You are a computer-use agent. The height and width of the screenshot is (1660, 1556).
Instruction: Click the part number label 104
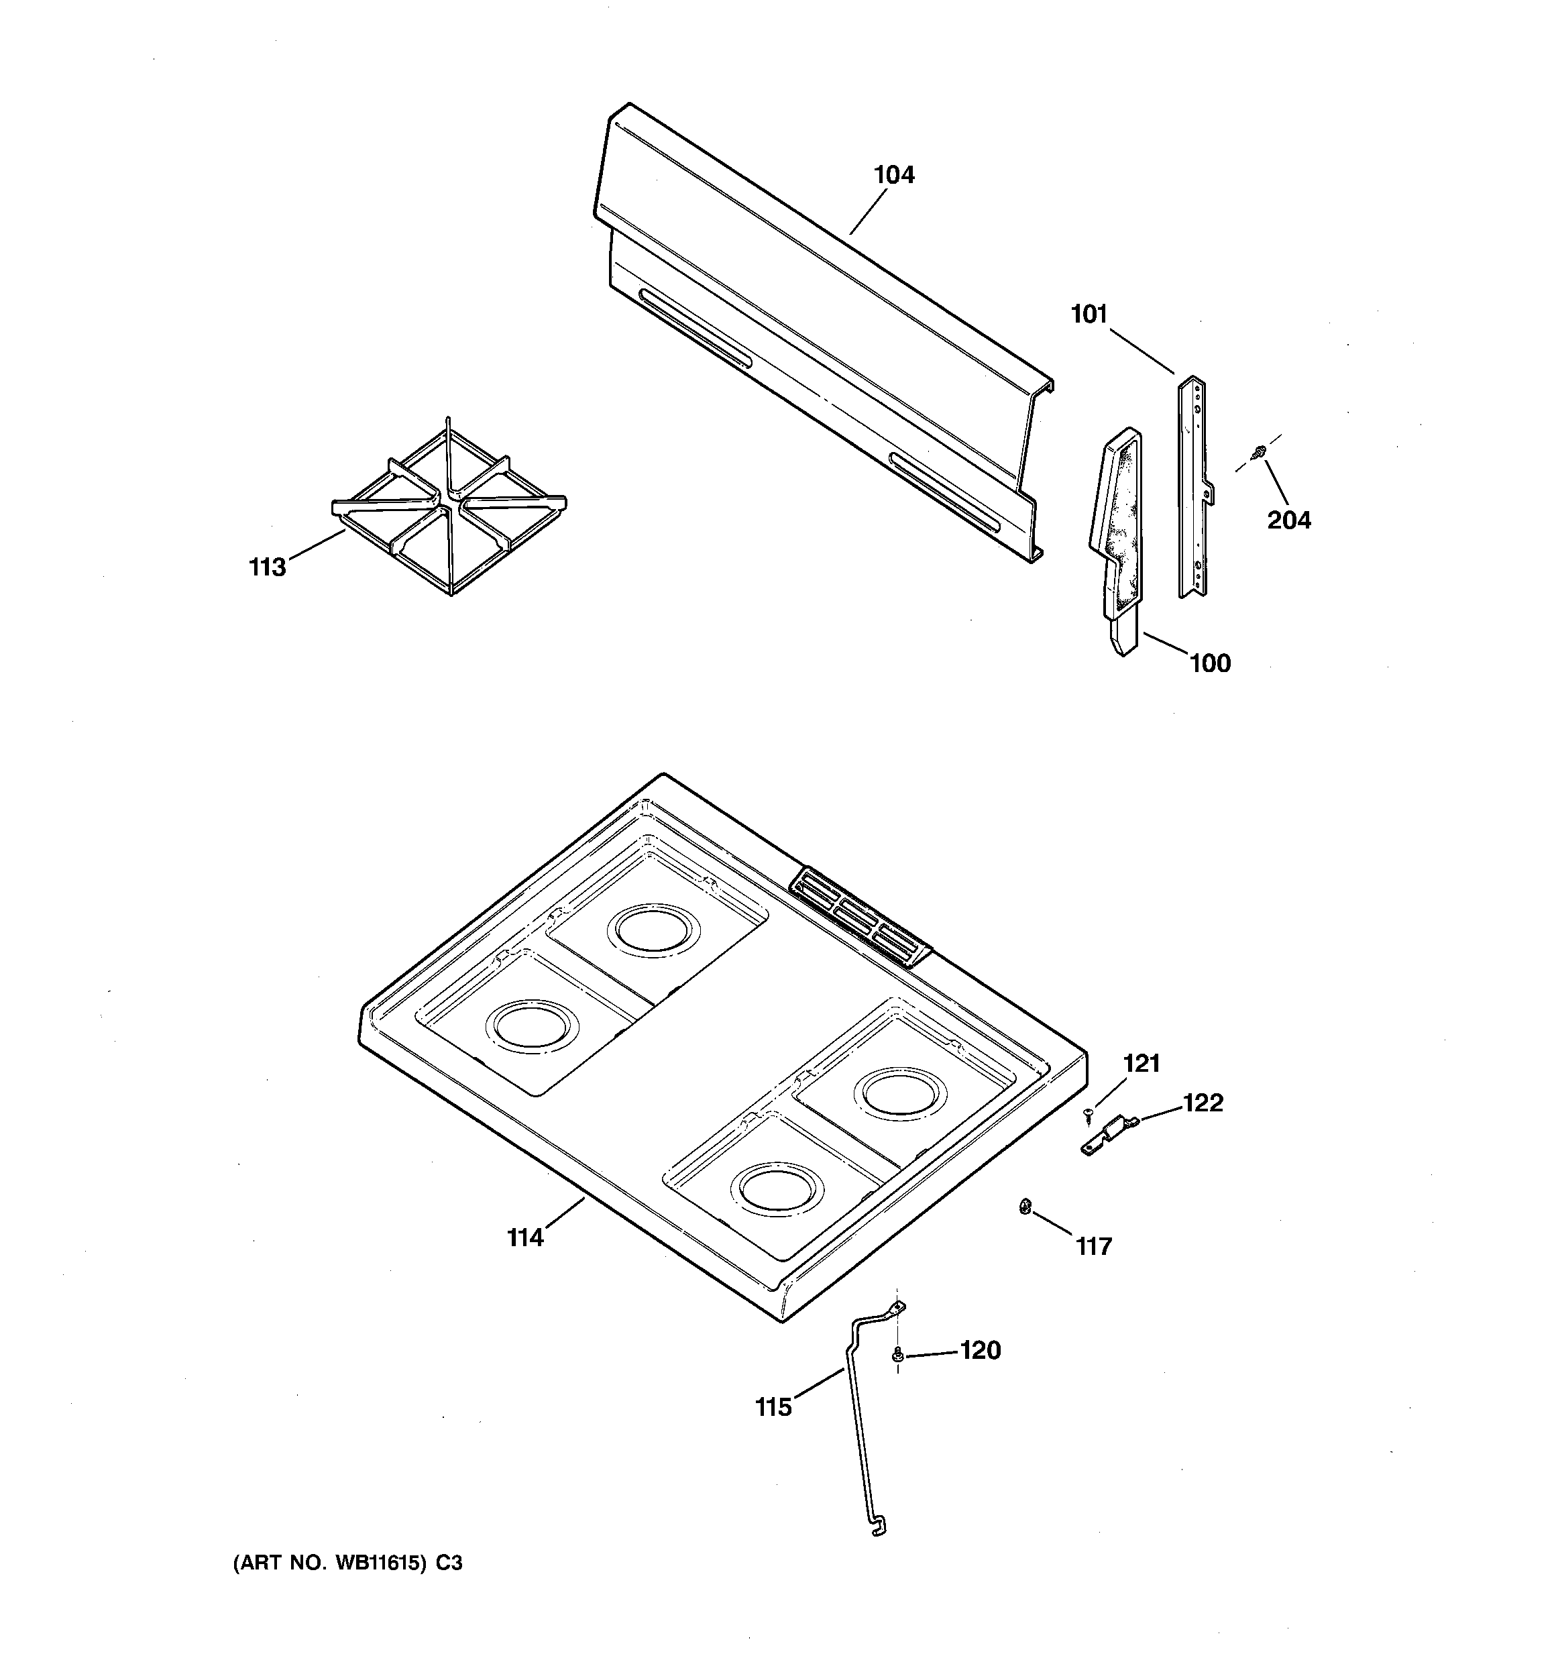tap(893, 175)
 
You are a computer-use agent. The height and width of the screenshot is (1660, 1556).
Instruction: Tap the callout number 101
tap(1089, 315)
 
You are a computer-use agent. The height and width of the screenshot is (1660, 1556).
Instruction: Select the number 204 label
tap(1289, 520)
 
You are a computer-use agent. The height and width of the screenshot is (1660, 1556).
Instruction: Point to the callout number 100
tap(1210, 663)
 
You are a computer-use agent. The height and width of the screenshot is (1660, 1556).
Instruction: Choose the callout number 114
tap(525, 1237)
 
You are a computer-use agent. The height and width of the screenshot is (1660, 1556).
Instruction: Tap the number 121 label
tap(1142, 1063)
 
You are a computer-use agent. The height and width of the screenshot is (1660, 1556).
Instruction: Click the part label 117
tap(1094, 1247)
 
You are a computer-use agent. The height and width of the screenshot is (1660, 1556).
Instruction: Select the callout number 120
tap(981, 1350)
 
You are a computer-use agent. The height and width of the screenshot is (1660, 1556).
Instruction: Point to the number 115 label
tap(773, 1408)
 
